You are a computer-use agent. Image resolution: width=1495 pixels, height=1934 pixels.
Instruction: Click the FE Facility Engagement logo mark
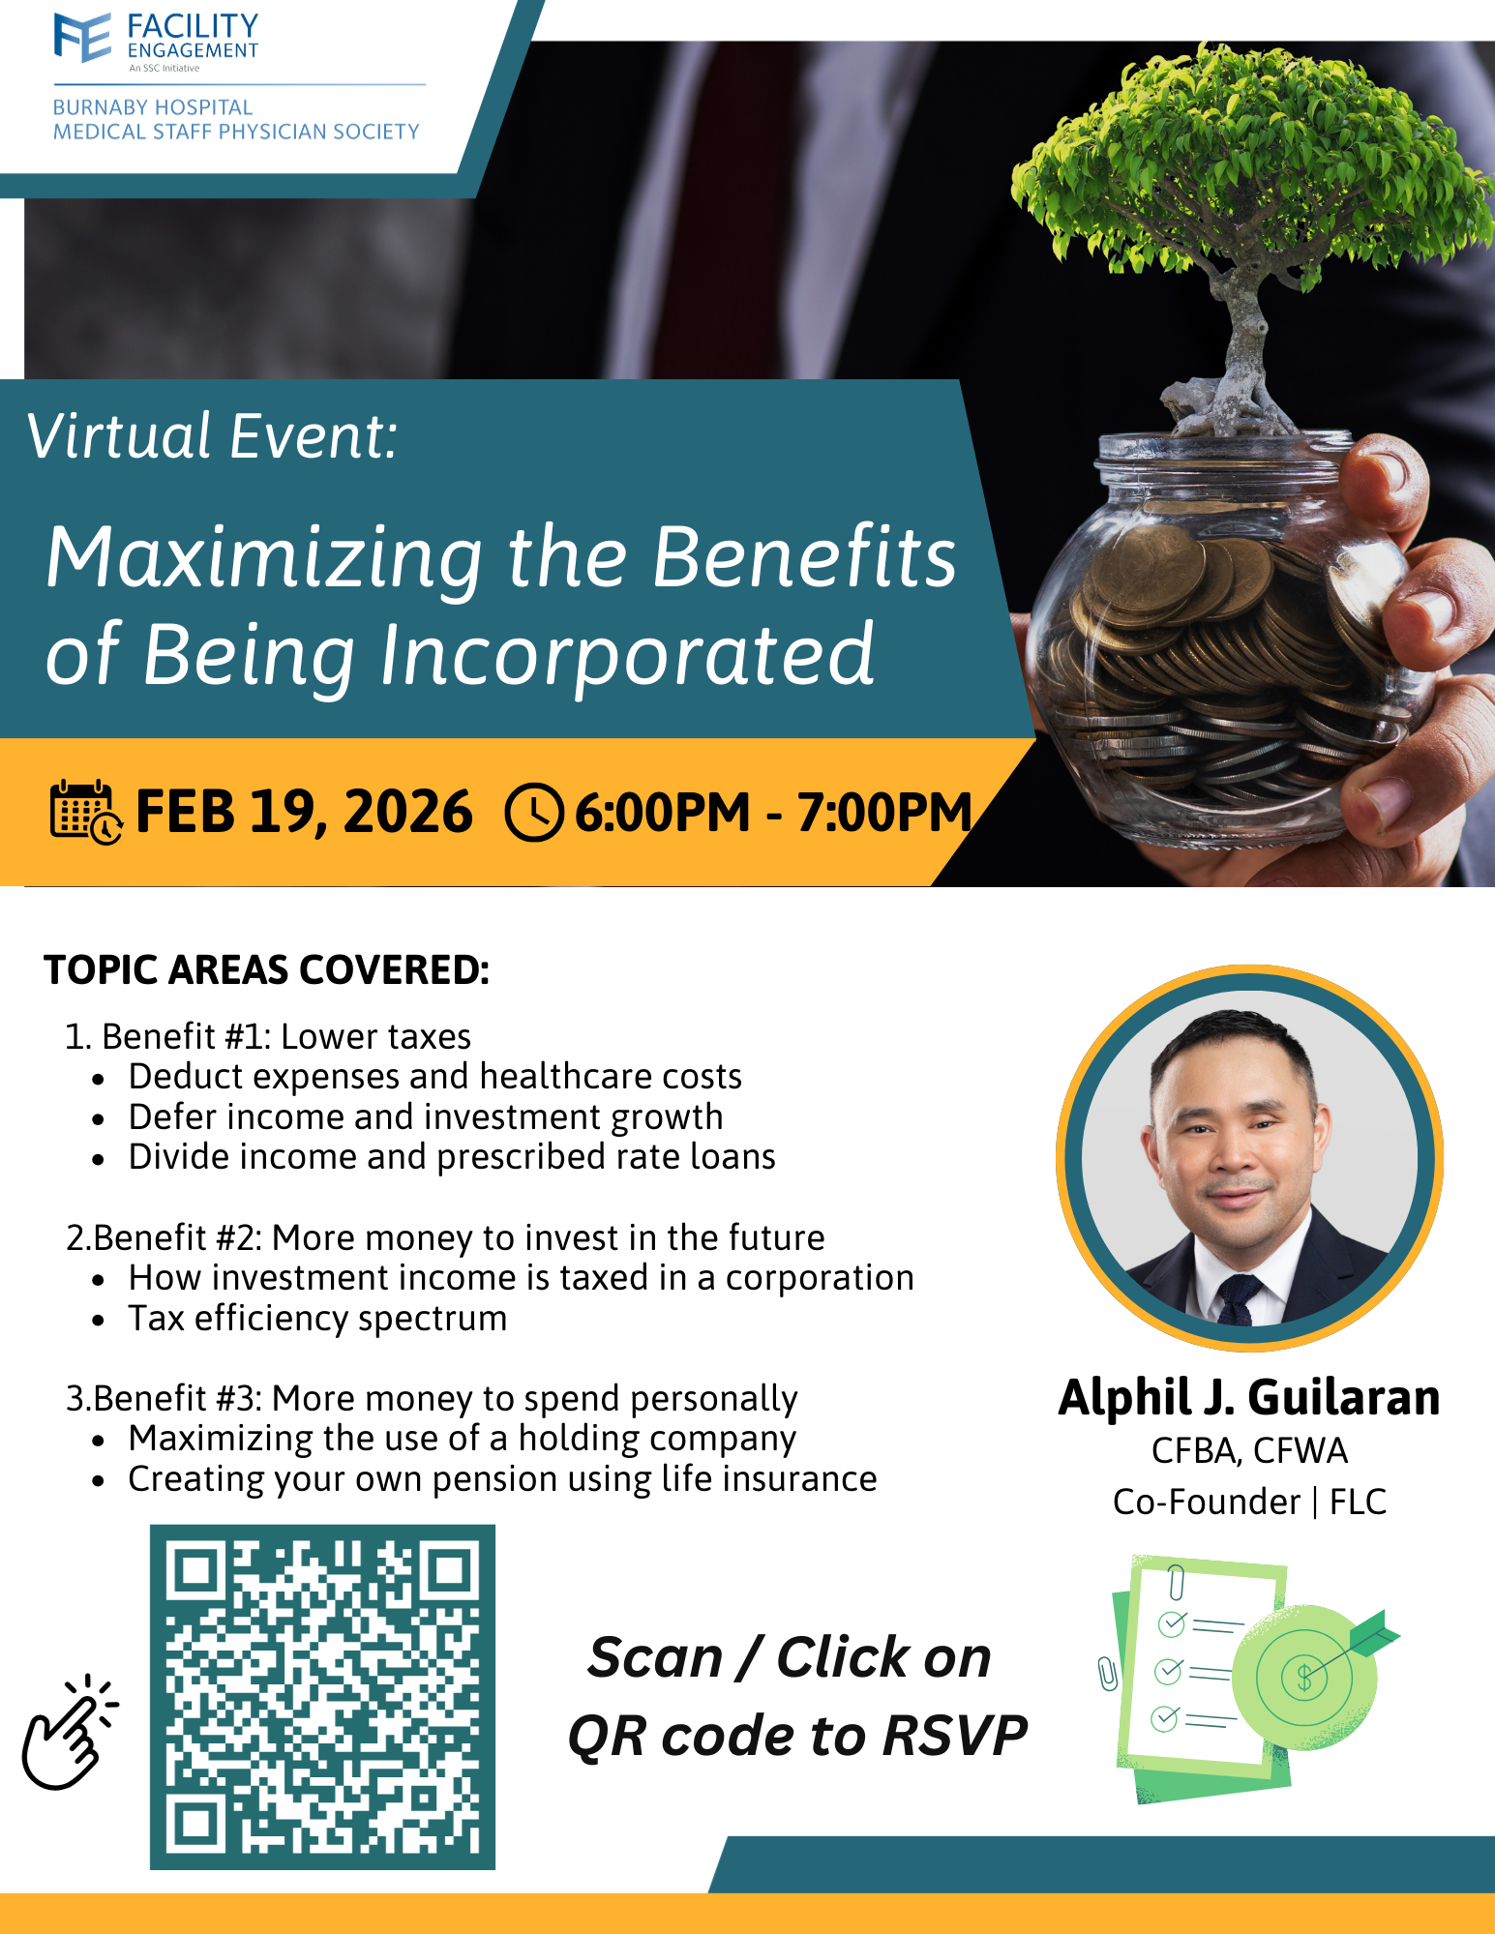point(83,38)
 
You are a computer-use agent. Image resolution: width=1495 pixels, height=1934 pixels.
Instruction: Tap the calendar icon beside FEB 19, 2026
point(86,812)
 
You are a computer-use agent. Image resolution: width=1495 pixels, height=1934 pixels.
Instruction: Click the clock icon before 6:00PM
point(534,813)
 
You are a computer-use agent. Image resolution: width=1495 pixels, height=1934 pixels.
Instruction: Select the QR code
point(322,1697)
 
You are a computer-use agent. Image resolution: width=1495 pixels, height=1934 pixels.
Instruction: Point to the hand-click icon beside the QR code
point(68,1732)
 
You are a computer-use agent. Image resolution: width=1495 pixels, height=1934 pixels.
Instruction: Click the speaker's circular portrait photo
point(1249,1157)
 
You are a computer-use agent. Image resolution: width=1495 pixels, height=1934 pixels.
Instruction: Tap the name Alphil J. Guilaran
point(1249,1397)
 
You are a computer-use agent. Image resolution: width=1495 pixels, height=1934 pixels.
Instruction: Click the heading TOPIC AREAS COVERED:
point(267,970)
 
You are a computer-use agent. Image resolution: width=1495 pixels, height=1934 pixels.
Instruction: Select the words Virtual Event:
point(212,436)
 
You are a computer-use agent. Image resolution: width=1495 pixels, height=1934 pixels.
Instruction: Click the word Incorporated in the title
point(627,655)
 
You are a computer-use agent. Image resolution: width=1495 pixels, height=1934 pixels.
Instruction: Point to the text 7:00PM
point(884,812)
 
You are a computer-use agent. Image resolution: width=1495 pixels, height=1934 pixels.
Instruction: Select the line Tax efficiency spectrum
point(317,1319)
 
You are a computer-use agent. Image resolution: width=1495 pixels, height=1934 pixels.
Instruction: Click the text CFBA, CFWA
point(1249,1451)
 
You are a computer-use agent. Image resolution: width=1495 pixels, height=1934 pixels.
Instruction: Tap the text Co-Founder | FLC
point(1249,1502)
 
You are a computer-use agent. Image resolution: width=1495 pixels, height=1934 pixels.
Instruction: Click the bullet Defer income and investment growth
point(426,1117)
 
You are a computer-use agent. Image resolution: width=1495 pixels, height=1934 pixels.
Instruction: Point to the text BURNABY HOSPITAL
point(153,107)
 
